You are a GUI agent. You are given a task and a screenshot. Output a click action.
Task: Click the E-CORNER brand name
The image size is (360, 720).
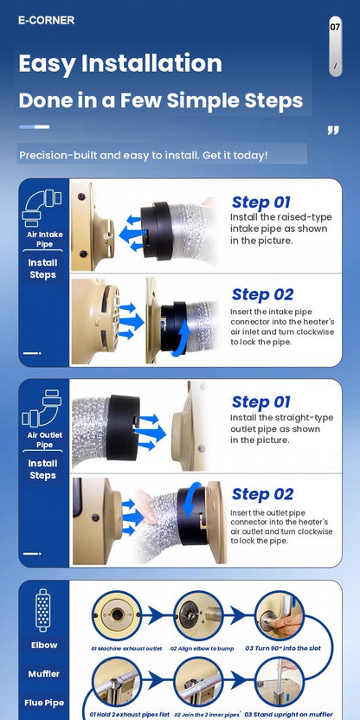pos(46,20)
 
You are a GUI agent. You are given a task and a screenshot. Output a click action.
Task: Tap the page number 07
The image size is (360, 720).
pos(335,27)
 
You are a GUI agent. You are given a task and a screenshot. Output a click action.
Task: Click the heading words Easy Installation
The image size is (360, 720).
pos(120,63)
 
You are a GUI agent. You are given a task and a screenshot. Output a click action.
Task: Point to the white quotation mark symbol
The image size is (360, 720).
pos(333,131)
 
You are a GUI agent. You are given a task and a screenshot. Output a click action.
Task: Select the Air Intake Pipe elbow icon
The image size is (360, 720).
pos(42,209)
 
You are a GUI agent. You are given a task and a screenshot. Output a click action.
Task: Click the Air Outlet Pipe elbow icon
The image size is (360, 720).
pos(42,408)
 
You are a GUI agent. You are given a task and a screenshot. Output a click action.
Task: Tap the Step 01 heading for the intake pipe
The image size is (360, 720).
pos(260,202)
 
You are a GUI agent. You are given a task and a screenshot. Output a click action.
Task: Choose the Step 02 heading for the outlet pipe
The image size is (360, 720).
pos(262,494)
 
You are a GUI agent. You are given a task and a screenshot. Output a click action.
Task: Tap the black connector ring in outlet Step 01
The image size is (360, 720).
pos(123,427)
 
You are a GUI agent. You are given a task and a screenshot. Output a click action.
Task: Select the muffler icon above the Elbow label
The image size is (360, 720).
pos(43,610)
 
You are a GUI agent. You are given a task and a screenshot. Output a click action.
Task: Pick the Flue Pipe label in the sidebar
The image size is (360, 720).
pos(44,703)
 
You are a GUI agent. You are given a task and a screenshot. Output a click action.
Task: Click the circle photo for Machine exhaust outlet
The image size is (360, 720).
pos(117,615)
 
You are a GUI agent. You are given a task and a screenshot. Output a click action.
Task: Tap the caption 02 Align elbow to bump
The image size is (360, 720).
pos(202,648)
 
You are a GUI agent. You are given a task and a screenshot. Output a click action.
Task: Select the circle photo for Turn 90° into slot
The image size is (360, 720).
pos(280,615)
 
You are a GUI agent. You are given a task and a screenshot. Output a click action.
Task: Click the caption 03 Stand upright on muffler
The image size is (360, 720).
pos(289,715)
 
